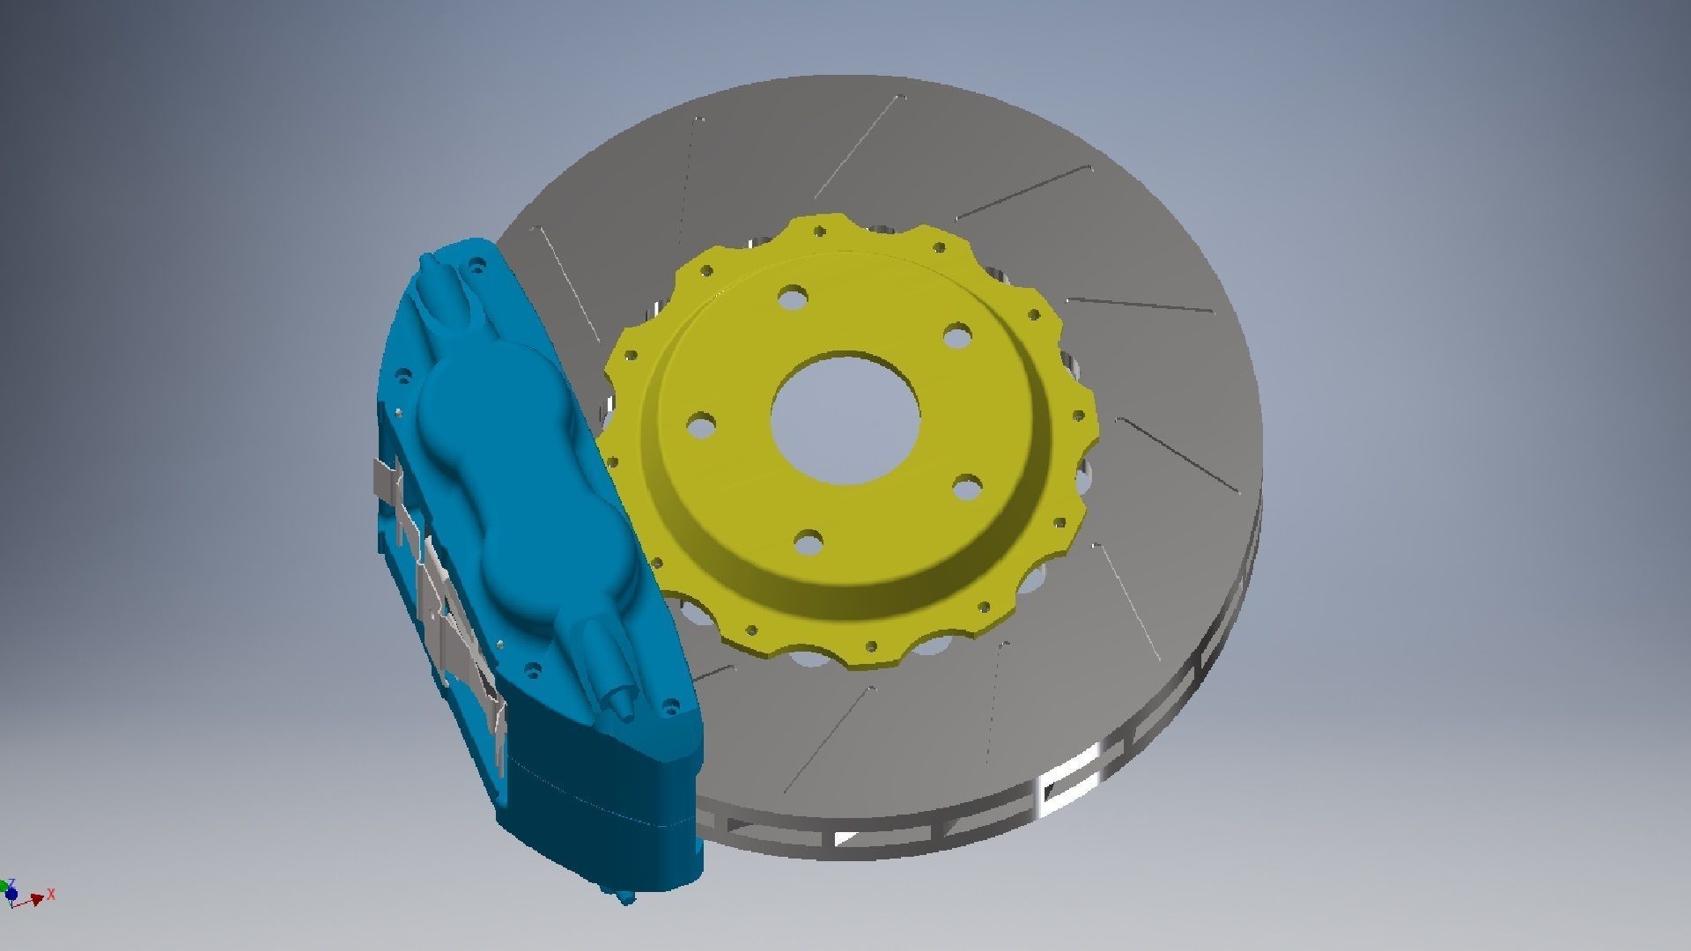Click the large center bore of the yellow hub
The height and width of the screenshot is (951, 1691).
845,418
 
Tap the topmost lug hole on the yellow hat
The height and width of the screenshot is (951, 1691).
793,297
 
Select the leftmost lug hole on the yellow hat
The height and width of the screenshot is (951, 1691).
700,426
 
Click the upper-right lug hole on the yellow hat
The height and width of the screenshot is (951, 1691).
956,335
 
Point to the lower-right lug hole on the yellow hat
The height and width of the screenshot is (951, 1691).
967,487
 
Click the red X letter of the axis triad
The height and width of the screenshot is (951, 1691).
51,894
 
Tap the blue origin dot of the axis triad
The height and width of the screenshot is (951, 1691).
11,895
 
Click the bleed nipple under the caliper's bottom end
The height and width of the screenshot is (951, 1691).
625,897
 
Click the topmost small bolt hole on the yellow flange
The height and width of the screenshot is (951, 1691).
821,232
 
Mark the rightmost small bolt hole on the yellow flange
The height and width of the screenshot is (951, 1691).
1080,414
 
